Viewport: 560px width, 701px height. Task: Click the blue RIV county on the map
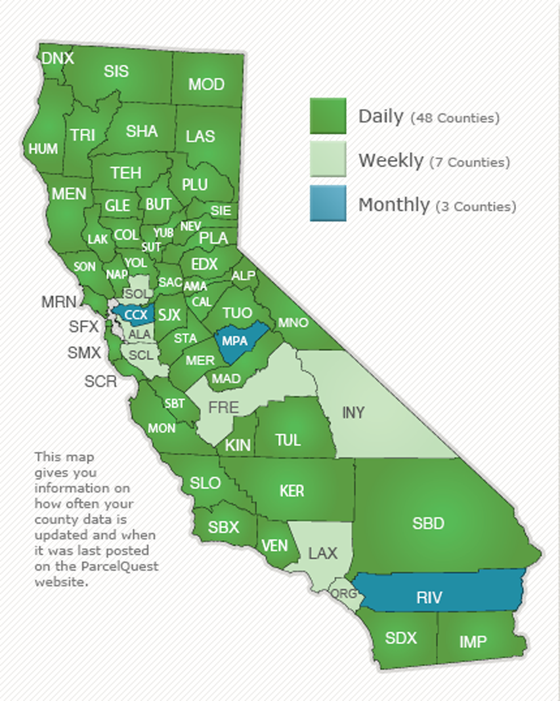[429, 597]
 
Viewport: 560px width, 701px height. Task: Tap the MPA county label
[234, 341]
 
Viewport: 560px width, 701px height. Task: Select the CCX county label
[136, 315]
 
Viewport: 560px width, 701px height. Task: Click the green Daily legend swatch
[328, 116]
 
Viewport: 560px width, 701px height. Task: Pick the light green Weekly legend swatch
[328, 159]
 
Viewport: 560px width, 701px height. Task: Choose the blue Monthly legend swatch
[328, 203]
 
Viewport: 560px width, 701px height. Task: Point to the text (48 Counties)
[455, 119]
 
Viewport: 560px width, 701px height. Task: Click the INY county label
[353, 412]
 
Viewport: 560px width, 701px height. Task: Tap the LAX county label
[322, 553]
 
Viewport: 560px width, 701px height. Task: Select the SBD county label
[428, 523]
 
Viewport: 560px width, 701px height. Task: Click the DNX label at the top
[57, 58]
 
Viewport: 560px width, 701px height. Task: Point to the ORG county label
[343, 593]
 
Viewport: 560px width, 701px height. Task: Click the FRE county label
[223, 407]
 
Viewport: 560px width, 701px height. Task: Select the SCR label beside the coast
[100, 381]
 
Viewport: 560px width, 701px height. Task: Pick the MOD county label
[206, 84]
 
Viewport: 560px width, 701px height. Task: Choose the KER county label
[291, 491]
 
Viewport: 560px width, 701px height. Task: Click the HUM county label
[43, 149]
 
